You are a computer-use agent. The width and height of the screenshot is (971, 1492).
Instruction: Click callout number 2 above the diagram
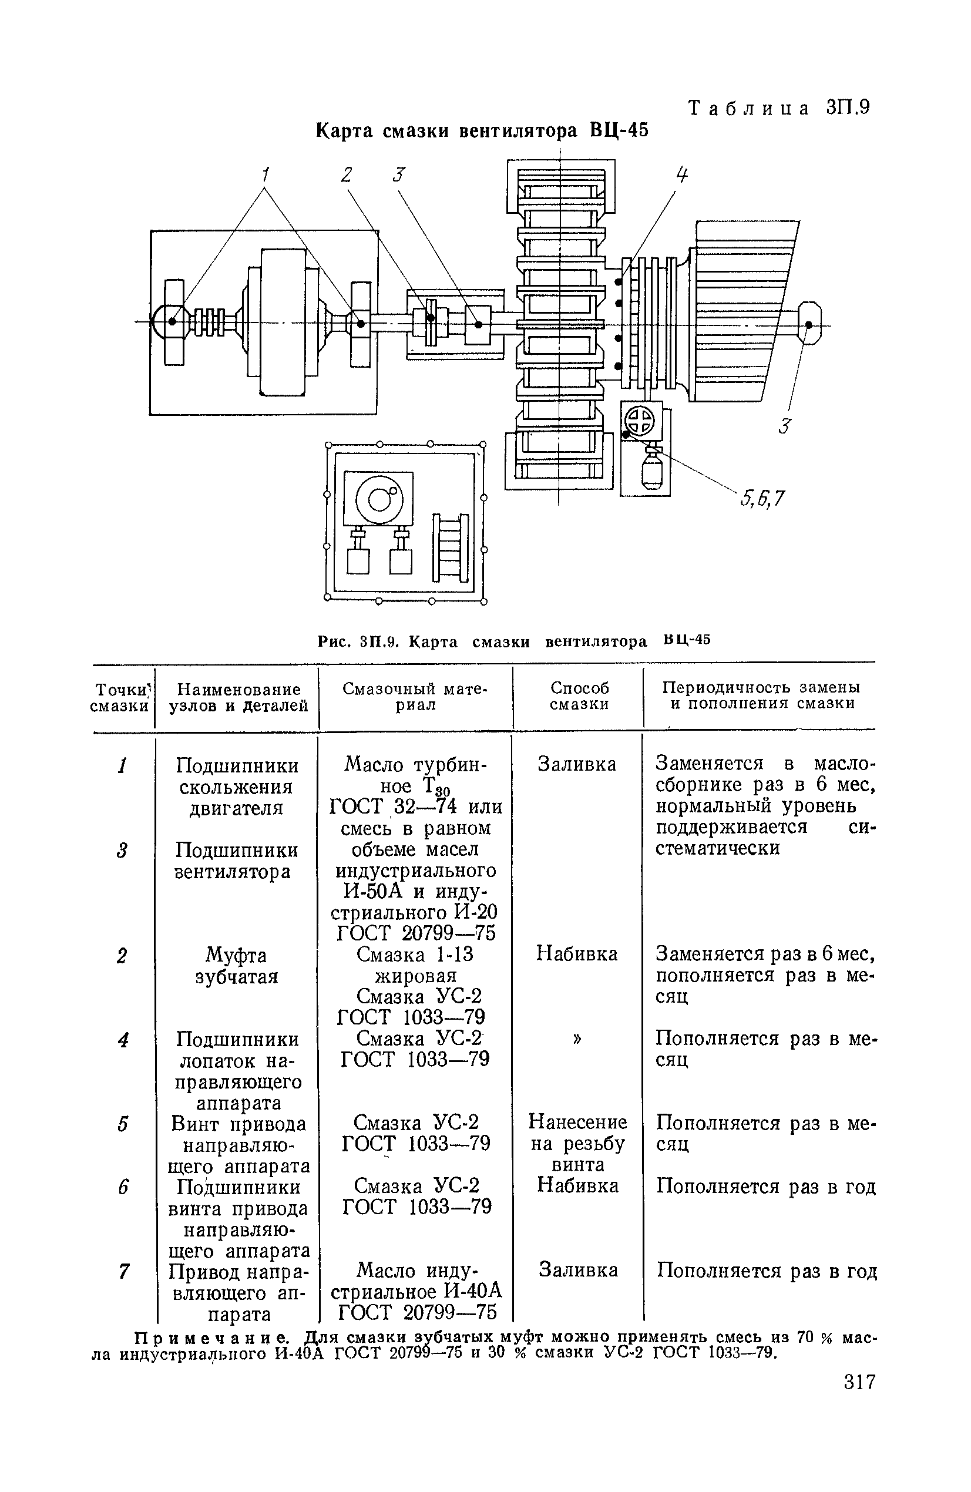coord(347,175)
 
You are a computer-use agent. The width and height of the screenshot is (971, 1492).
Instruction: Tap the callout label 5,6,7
coord(762,498)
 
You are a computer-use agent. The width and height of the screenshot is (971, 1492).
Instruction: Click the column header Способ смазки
coord(579,696)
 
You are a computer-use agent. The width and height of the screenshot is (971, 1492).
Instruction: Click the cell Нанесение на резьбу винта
coord(578,1143)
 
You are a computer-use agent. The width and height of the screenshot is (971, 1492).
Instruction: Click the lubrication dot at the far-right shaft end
coord(809,325)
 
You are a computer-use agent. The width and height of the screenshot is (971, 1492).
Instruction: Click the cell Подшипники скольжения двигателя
coord(237,787)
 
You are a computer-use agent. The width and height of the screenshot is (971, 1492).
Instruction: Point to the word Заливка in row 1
coord(577,765)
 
